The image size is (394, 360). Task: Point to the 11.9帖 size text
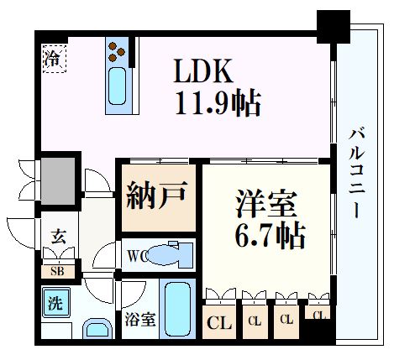[218, 104]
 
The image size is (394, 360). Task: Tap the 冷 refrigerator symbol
[52, 60]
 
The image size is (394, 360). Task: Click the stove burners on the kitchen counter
[118, 55]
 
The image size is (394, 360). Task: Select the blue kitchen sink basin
[117, 86]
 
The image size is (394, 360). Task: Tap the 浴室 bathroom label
[139, 320]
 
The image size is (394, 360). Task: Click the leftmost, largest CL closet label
[218, 321]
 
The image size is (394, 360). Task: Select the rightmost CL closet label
[318, 315]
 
